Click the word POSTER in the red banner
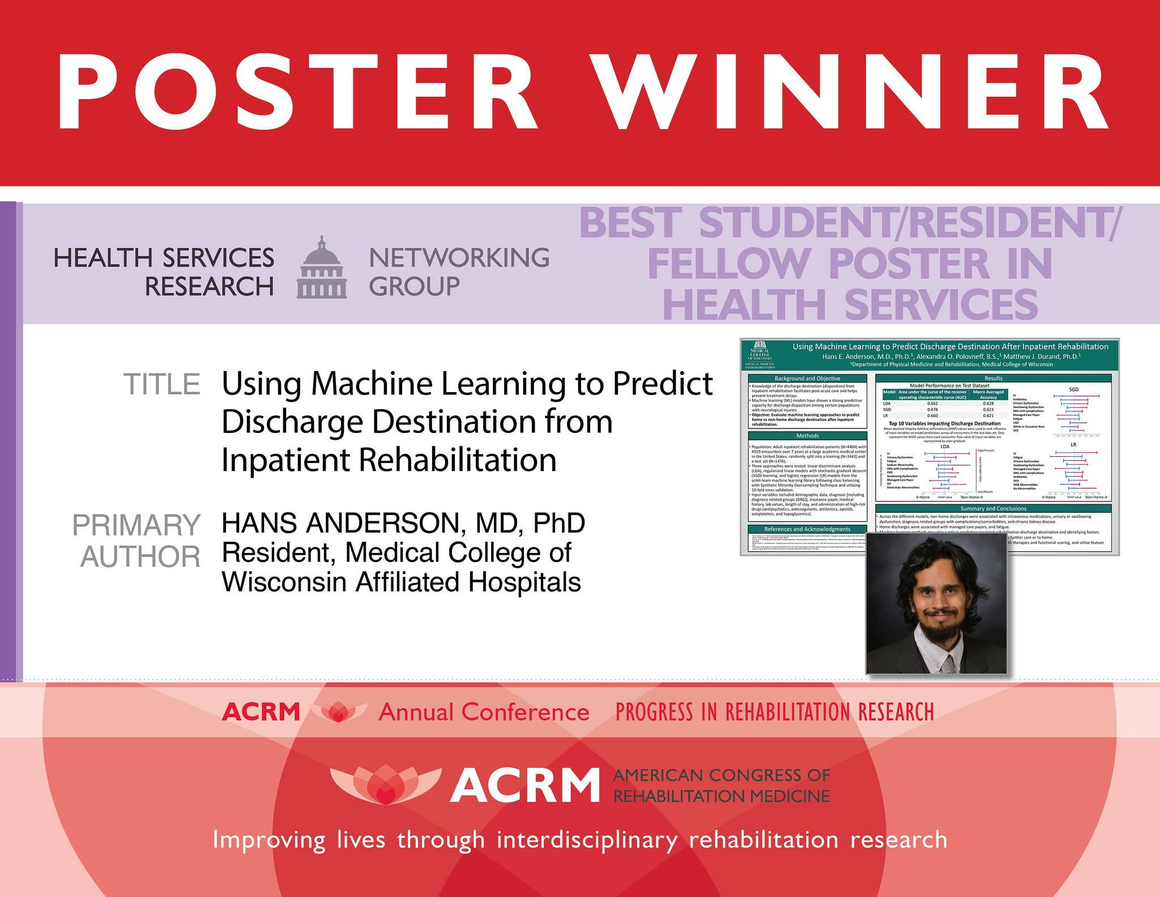[297, 92]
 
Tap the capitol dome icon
[322, 268]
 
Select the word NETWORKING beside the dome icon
[459, 258]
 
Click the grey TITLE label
[162, 384]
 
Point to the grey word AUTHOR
[140, 556]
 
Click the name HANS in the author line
[258, 523]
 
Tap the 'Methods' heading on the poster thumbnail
[807, 436]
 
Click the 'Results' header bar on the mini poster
[993, 378]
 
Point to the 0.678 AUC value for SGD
[932, 409]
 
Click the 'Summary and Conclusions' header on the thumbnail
[993, 508]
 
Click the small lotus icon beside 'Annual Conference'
[338, 712]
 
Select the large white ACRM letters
[524, 786]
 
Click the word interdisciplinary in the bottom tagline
[587, 840]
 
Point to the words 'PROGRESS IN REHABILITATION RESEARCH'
[774, 712]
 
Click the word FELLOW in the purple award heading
[729, 263]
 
